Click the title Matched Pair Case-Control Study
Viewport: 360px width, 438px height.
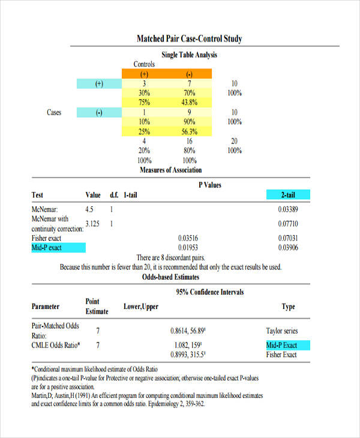189,40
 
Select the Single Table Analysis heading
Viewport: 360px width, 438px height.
189,55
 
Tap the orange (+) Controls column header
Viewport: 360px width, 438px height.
144,74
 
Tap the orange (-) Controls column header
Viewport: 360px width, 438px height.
189,74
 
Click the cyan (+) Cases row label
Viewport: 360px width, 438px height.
99,84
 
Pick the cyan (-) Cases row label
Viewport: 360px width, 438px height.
99,112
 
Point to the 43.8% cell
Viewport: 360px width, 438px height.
189,103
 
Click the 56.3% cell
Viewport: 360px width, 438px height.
189,131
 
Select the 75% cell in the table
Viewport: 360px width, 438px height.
144,103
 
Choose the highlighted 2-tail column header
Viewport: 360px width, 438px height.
288,195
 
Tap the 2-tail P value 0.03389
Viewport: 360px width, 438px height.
288,210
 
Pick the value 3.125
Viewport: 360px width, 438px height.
92,224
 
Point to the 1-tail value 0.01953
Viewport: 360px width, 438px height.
189,247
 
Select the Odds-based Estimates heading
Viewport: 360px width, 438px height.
171,277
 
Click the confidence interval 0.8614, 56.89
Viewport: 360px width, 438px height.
188,331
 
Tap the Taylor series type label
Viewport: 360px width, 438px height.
281,331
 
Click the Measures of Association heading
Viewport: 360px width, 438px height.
171,170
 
